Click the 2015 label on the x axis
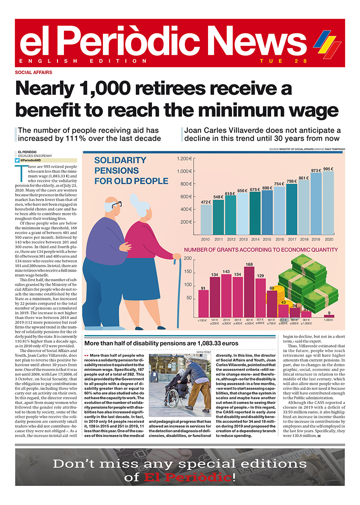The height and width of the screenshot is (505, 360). click(x=267, y=239)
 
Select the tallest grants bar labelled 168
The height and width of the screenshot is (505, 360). click(x=249, y=292)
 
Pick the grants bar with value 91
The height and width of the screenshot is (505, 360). click(x=203, y=303)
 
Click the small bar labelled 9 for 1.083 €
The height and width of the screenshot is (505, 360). click(x=329, y=316)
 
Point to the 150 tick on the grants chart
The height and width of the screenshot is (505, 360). click(x=188, y=272)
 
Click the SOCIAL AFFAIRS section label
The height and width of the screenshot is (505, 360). click(x=34, y=72)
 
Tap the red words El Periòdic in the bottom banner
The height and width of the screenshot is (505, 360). click(x=188, y=478)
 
